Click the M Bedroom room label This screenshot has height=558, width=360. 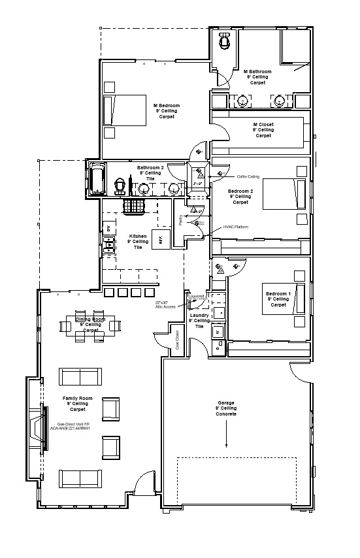(166, 110)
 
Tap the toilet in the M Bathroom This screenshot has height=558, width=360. (225, 42)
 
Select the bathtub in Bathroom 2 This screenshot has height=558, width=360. (97, 178)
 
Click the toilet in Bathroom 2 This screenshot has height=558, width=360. (120, 186)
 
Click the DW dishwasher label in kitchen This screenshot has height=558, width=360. (108, 229)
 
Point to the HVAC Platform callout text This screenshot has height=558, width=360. (236, 227)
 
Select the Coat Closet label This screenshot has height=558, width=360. (176, 340)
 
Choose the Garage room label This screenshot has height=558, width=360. (225, 408)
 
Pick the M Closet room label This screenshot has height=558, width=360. (263, 129)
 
